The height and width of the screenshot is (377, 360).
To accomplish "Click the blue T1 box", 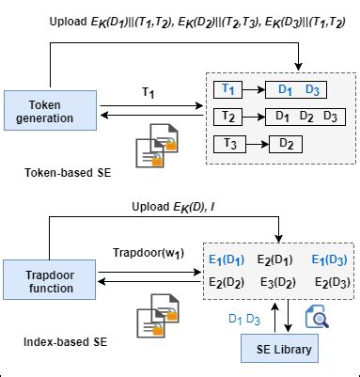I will click(229, 89).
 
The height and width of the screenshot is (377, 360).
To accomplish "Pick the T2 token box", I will click(229, 117).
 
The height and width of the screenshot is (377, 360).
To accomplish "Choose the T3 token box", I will click(229, 143).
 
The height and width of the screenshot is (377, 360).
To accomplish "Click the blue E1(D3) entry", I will click(331, 260).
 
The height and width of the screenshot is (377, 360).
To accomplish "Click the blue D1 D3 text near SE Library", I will click(245, 319).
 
